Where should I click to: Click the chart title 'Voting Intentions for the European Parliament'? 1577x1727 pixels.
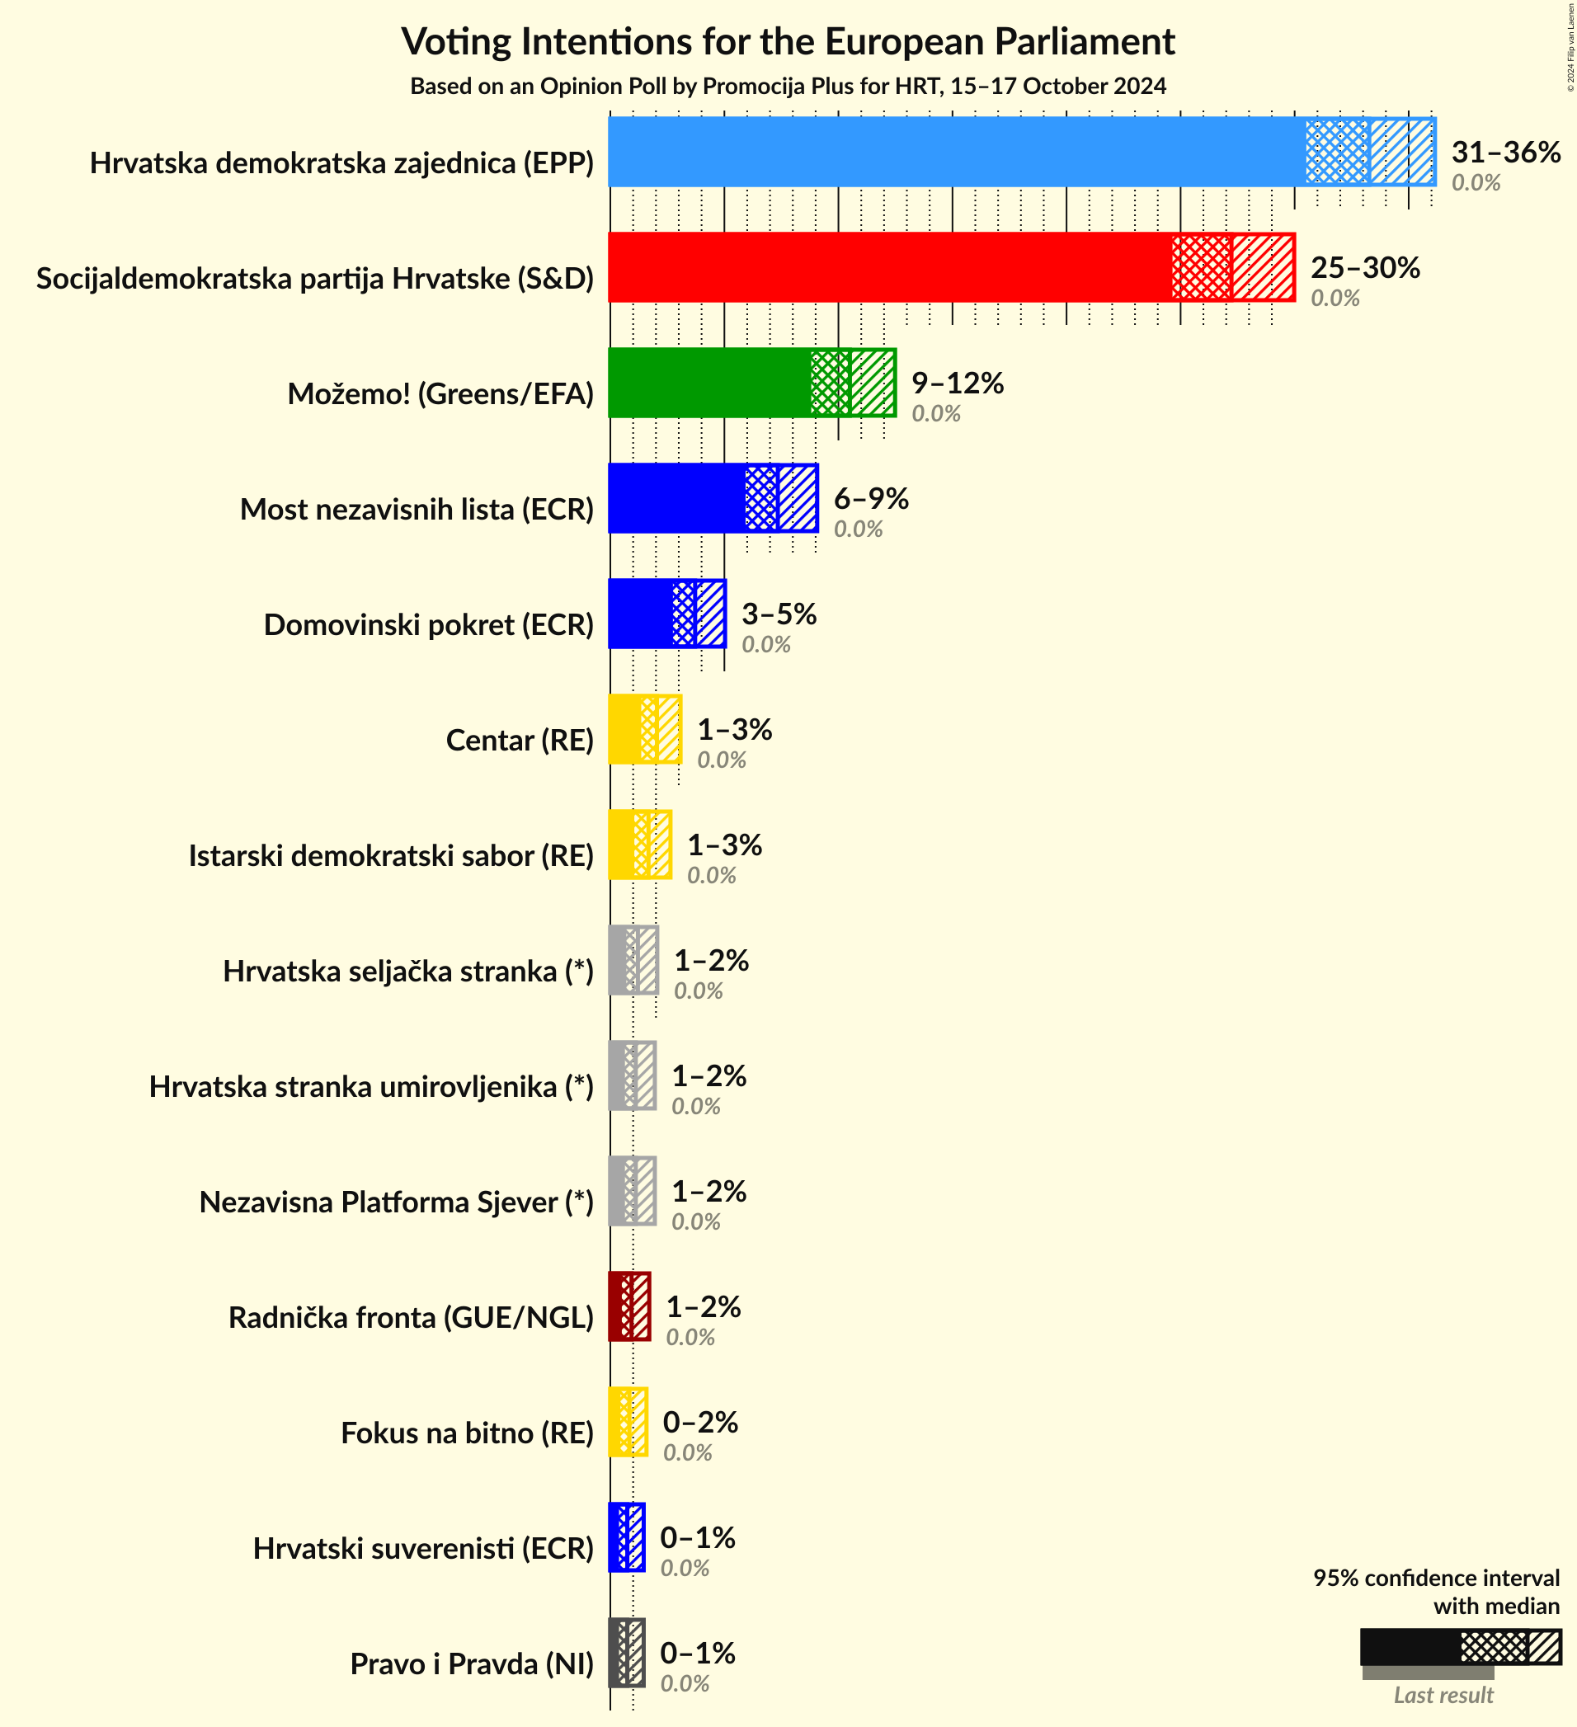(x=788, y=41)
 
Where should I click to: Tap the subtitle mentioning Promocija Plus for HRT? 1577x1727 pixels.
(x=788, y=87)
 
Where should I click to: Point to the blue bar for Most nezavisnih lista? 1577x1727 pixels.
(x=676, y=499)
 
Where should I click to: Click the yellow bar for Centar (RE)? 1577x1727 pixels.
(x=625, y=729)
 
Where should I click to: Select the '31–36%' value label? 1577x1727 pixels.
(x=1505, y=153)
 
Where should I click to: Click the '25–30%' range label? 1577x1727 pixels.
(x=1364, y=268)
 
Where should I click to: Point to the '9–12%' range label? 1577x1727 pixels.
(x=957, y=383)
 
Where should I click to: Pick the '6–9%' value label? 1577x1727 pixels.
(x=870, y=499)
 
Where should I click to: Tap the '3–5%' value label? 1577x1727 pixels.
(x=778, y=614)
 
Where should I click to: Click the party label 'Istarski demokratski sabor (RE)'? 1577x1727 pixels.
(x=391, y=855)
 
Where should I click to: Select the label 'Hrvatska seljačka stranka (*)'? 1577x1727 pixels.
(x=407, y=971)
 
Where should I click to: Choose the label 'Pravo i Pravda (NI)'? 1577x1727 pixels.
(x=471, y=1663)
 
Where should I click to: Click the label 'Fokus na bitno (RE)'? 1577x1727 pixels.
(x=467, y=1433)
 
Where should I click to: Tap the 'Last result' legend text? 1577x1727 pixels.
(x=1443, y=1696)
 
